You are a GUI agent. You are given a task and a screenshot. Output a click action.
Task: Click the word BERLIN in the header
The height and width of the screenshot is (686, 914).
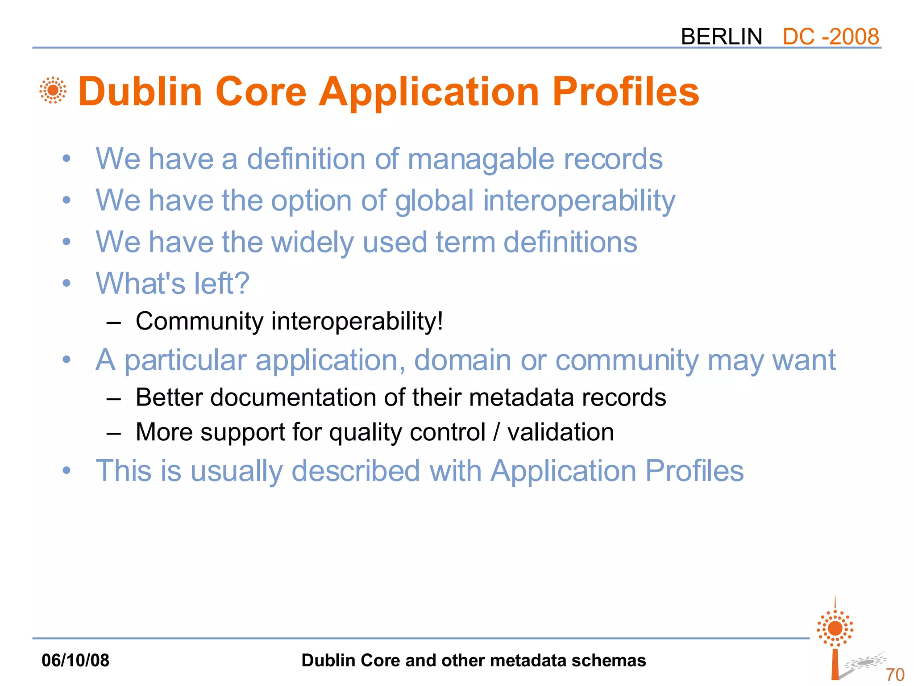(x=721, y=37)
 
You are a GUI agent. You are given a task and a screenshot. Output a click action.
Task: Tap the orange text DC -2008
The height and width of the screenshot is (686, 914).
(x=831, y=37)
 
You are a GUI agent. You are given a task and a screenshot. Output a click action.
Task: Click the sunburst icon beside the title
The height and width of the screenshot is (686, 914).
(x=53, y=90)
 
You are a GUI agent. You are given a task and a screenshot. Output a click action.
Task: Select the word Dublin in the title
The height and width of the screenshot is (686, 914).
(x=141, y=92)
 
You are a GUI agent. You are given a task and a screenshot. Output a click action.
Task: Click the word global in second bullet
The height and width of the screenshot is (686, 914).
(x=434, y=201)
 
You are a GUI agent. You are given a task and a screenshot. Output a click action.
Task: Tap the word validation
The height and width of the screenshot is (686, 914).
(x=561, y=432)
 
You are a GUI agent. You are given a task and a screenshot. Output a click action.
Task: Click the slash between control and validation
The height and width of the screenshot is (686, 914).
(x=496, y=432)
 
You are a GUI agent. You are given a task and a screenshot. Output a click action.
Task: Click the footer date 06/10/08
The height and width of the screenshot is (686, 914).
(x=75, y=660)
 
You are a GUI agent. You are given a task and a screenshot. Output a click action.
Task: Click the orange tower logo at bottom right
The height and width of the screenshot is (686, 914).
(x=835, y=639)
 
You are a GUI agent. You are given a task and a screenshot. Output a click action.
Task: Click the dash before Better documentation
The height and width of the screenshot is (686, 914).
(x=114, y=398)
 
